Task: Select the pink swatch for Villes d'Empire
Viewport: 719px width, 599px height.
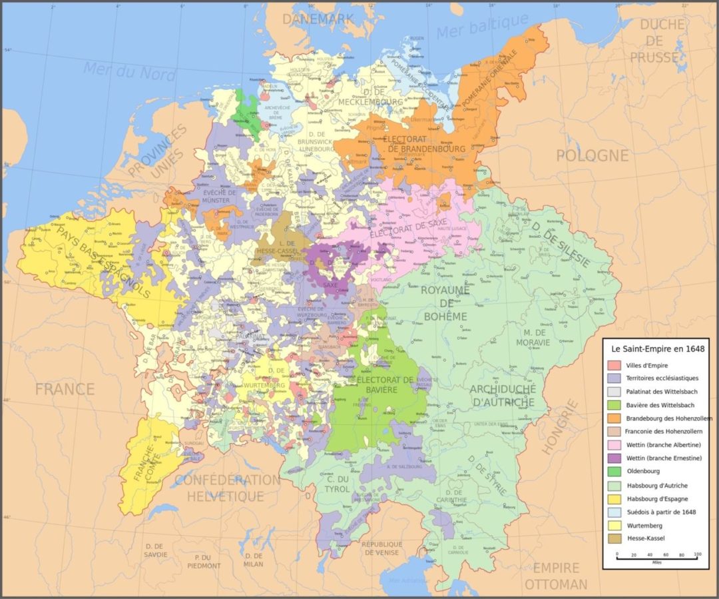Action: click(614, 365)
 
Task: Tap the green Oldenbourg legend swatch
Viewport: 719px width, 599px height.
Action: click(614, 472)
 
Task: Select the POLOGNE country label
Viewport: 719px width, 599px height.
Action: click(592, 155)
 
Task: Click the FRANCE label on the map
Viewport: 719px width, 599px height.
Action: click(65, 389)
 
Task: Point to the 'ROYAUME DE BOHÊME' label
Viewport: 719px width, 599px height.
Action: click(444, 302)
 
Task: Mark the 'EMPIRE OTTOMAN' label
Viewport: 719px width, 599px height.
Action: click(555, 576)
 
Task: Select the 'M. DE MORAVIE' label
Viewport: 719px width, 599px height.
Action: click(537, 337)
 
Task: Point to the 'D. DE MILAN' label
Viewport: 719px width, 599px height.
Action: click(254, 560)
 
